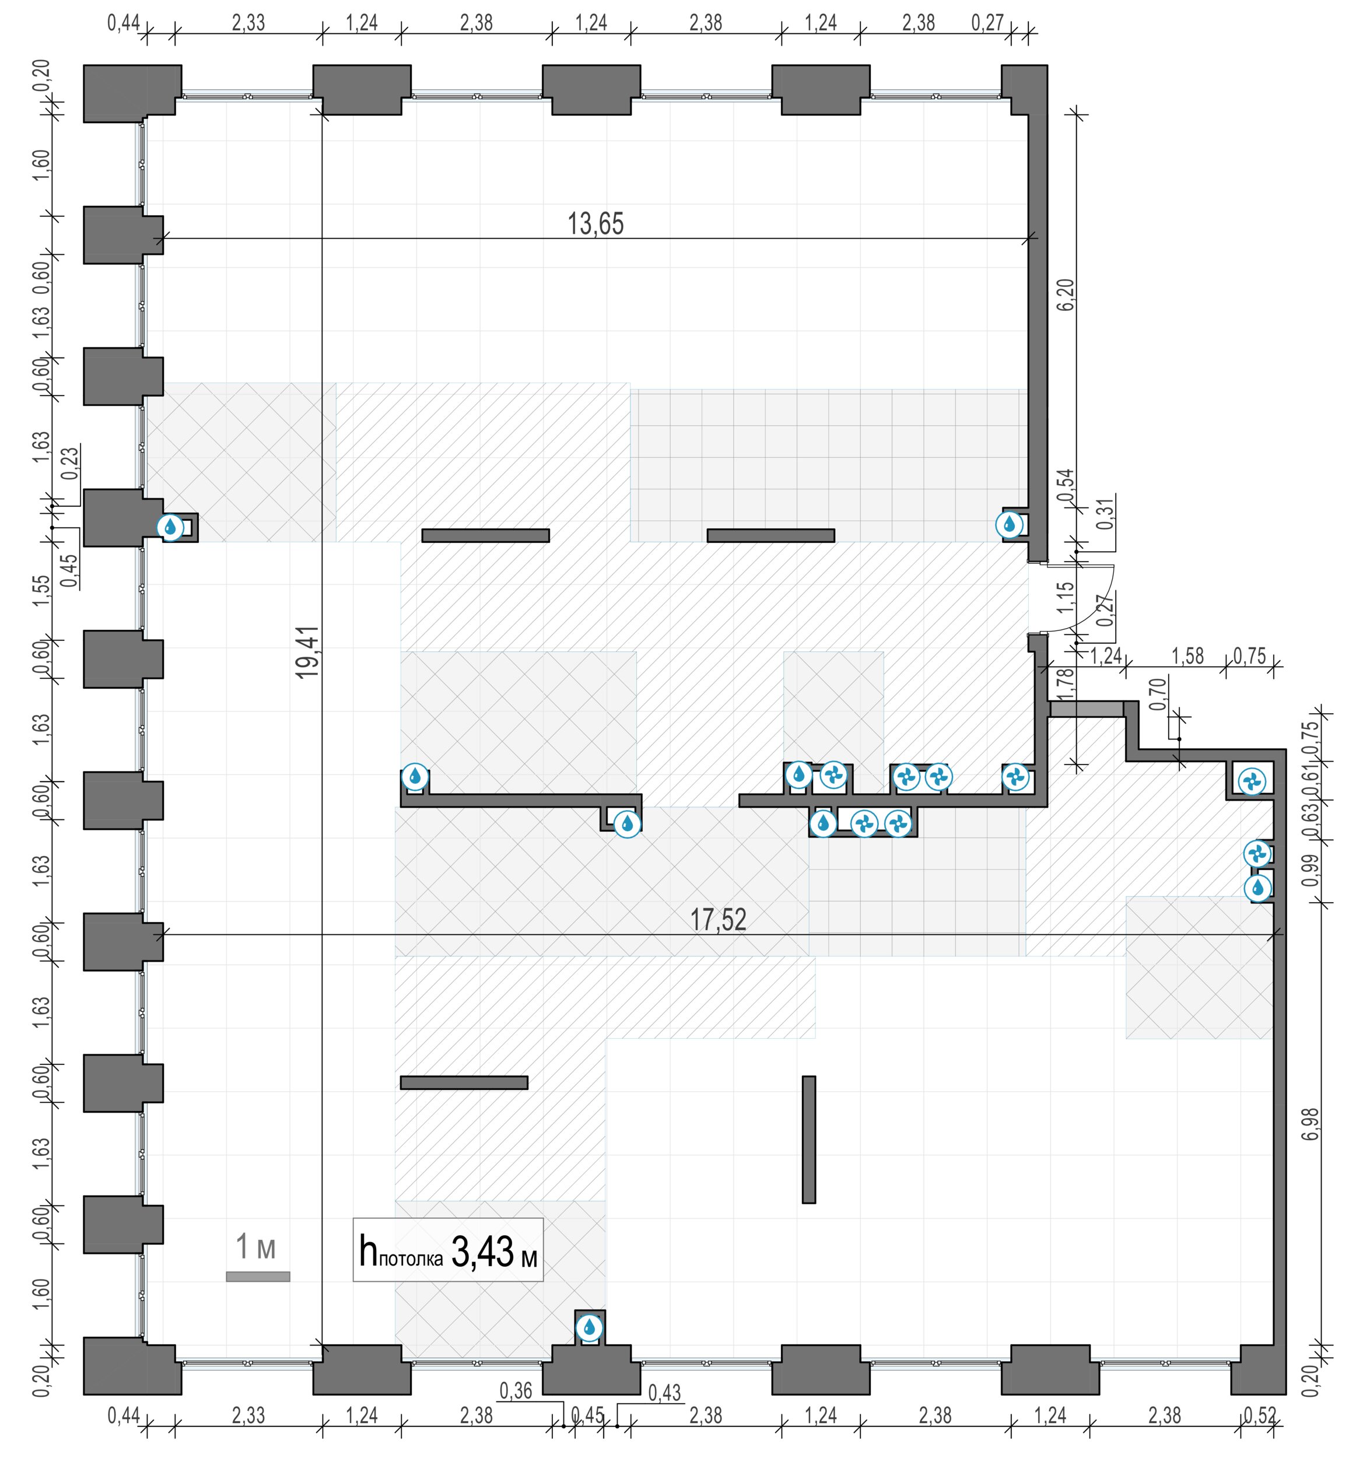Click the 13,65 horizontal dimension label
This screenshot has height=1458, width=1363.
click(595, 224)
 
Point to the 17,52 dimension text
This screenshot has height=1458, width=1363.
click(718, 920)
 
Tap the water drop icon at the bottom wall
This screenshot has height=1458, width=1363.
click(588, 1327)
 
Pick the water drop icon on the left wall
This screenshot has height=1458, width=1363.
click(170, 527)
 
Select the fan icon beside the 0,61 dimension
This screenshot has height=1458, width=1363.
click(1252, 782)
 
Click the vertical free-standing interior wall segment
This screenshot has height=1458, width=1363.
click(808, 1139)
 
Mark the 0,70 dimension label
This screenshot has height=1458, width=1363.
click(1158, 694)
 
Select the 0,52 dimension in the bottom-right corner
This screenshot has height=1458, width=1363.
click(1260, 1415)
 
